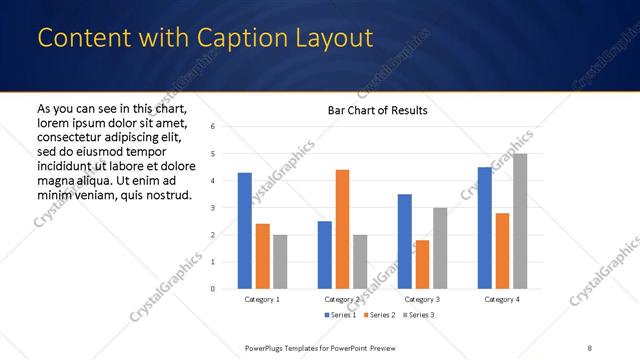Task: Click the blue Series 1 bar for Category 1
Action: tap(245, 230)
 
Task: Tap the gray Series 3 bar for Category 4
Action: tap(520, 221)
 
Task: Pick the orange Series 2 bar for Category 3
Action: tap(423, 264)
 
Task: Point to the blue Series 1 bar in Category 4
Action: tap(484, 228)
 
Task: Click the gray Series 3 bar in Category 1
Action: tap(280, 261)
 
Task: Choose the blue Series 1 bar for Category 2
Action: tap(325, 254)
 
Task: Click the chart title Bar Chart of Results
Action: tap(378, 110)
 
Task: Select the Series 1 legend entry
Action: tap(342, 315)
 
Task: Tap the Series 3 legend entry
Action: tap(417, 315)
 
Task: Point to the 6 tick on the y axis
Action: tap(212, 127)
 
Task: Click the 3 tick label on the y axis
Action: tap(212, 208)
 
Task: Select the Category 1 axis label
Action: tap(262, 299)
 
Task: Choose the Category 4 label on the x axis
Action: tap(502, 299)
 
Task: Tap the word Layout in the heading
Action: tap(331, 38)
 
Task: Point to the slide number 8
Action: tap(589, 348)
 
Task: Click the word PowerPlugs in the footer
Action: tap(267, 348)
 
